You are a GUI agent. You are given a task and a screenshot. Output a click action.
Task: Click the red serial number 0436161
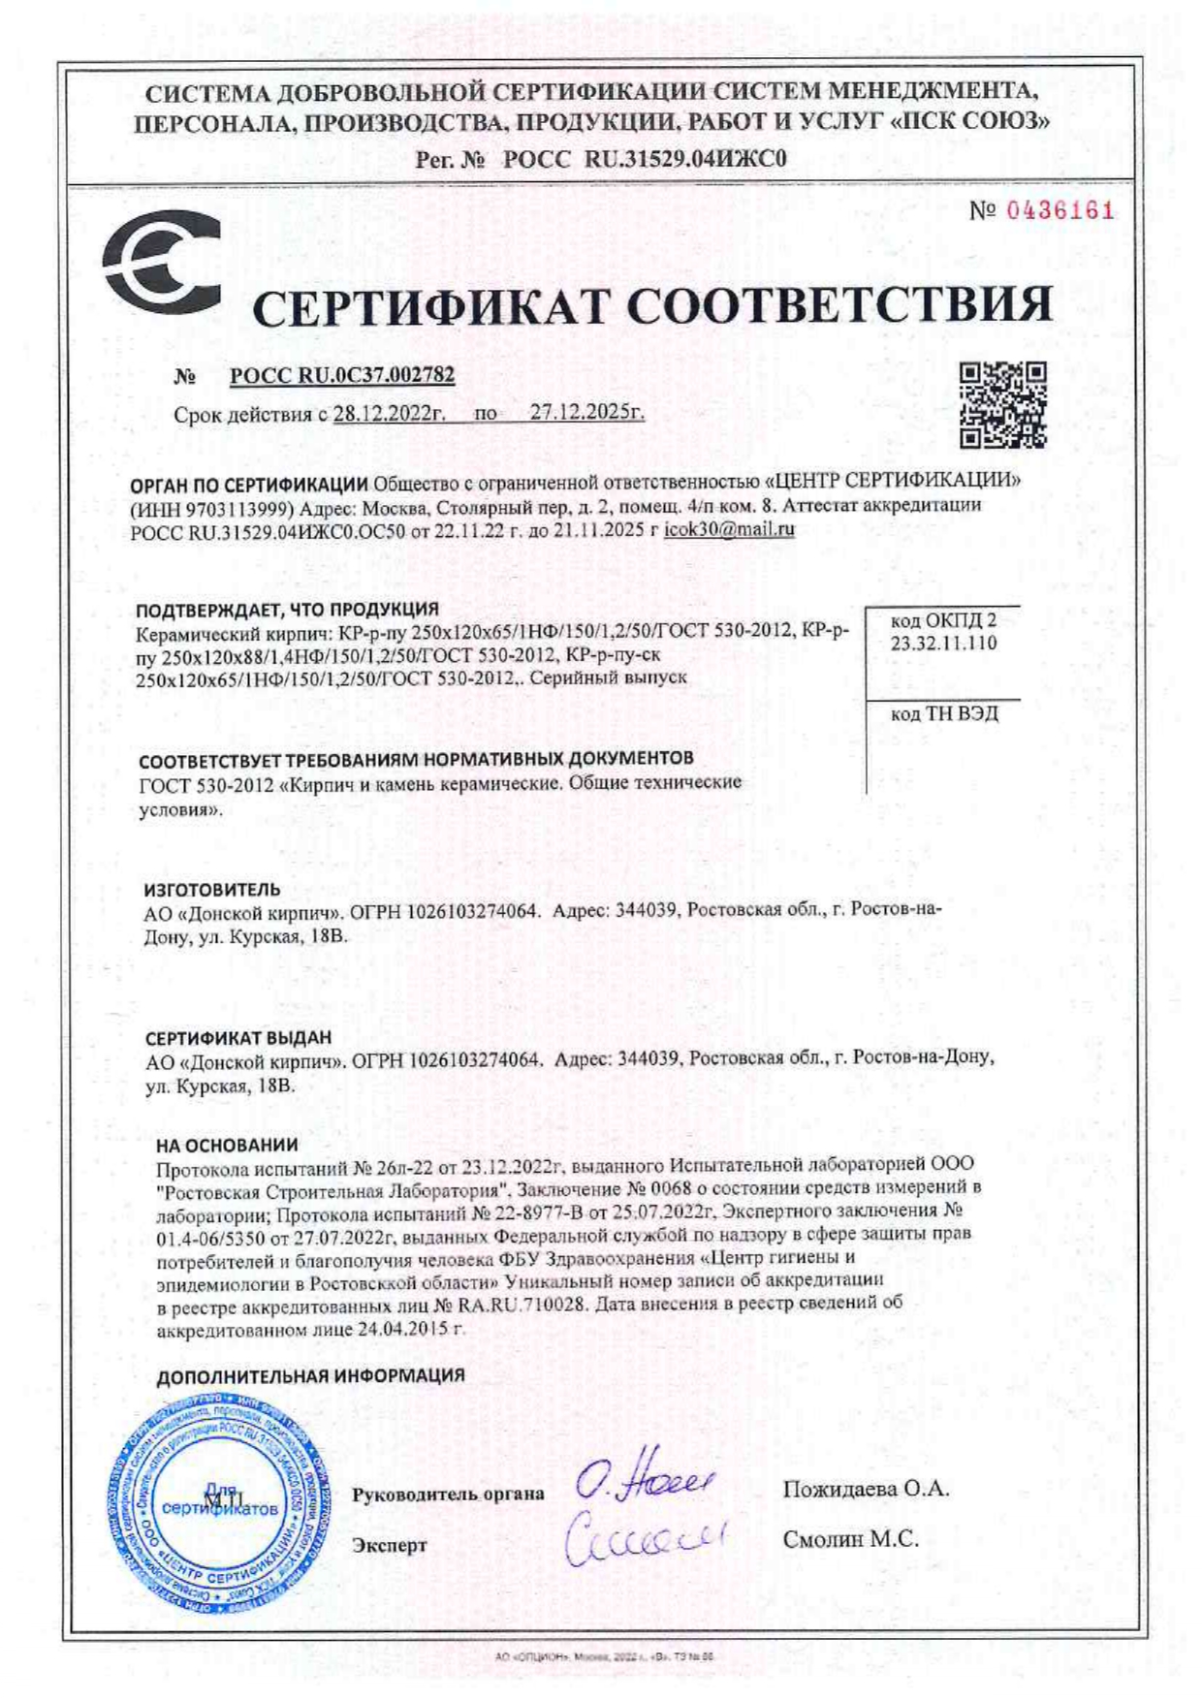pyautogui.click(x=1059, y=211)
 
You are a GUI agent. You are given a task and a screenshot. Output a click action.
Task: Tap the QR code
pyautogui.click(x=1002, y=405)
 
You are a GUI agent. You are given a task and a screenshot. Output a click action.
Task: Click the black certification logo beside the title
pyautogui.click(x=161, y=264)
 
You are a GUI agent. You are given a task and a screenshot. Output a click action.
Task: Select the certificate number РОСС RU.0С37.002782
pyautogui.click(x=342, y=376)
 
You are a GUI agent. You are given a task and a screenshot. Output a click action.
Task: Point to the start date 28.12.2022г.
pyautogui.click(x=389, y=413)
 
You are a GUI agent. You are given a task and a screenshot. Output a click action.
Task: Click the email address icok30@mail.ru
pyautogui.click(x=729, y=529)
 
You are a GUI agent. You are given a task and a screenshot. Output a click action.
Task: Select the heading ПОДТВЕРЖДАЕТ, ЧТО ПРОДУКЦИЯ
pyautogui.click(x=287, y=610)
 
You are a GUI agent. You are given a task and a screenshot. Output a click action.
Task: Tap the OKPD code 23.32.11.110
pyautogui.click(x=943, y=644)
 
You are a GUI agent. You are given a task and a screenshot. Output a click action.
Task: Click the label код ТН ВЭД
pyautogui.click(x=943, y=714)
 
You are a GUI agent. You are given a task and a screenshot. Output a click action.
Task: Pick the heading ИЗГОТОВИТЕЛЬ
pyautogui.click(x=212, y=889)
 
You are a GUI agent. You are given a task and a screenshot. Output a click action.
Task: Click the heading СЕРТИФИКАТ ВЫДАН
pyautogui.click(x=238, y=1038)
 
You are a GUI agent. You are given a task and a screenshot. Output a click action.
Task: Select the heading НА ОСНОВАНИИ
pyautogui.click(x=227, y=1145)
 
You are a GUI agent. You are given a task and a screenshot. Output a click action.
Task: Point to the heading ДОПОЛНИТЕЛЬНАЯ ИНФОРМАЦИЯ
pyautogui.click(x=310, y=1375)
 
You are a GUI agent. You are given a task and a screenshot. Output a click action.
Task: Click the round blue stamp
pyautogui.click(x=217, y=1507)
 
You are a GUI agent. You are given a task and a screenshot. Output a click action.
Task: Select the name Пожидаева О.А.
pyautogui.click(x=866, y=1489)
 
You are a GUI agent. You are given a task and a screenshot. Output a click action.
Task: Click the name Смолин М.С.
pyautogui.click(x=850, y=1539)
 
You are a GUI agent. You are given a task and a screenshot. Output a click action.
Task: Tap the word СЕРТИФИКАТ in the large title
pyautogui.click(x=432, y=307)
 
